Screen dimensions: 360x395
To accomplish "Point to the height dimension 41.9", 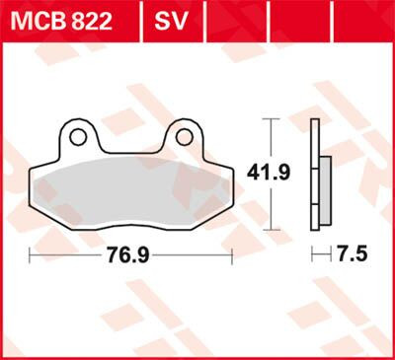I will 268,174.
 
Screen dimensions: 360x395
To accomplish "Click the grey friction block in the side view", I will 323,187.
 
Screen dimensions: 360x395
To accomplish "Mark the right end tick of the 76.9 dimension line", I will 232,256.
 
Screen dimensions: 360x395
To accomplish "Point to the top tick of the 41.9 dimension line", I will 268,118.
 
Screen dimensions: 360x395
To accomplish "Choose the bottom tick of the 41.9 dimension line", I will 268,227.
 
